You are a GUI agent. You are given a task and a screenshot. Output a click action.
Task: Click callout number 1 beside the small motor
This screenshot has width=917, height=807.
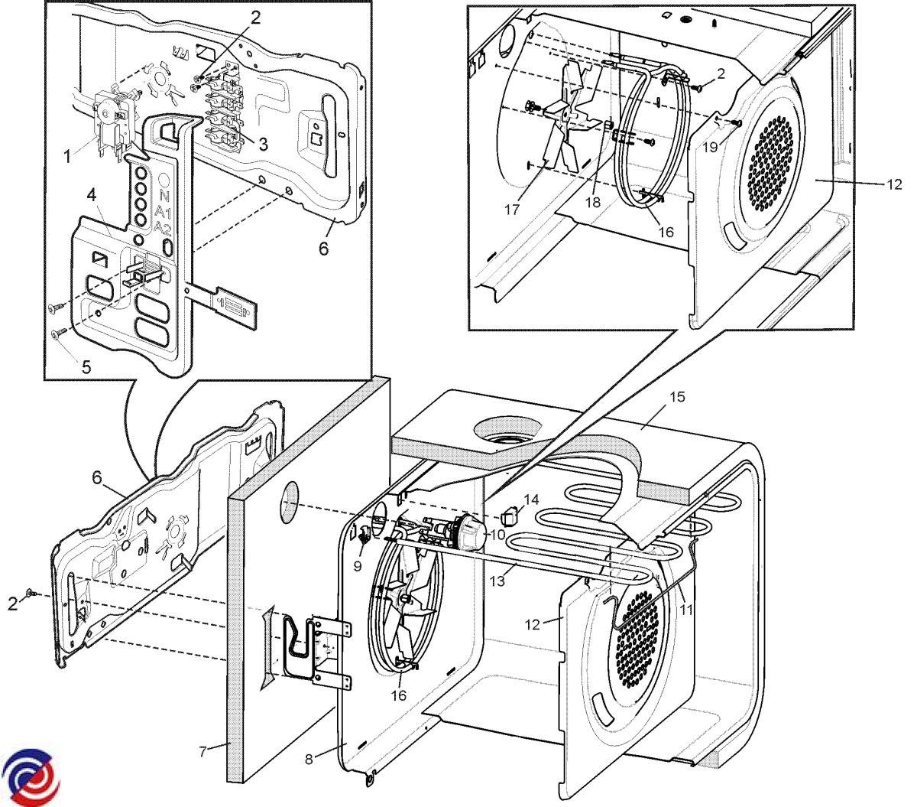pyautogui.click(x=67, y=156)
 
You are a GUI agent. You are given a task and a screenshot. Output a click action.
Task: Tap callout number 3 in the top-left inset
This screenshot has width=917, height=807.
pyautogui.click(x=262, y=145)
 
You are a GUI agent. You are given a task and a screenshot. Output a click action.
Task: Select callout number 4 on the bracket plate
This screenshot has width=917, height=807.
pyautogui.click(x=91, y=195)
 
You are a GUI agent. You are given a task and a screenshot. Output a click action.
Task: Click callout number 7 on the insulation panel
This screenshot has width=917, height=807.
pyautogui.click(x=203, y=751)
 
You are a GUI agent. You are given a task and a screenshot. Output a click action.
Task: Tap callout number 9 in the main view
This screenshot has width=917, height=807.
pyautogui.click(x=358, y=567)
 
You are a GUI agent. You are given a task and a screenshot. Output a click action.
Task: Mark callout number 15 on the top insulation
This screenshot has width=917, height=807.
pyautogui.click(x=677, y=397)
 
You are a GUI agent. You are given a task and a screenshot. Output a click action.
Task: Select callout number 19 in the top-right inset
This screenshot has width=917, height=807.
pyautogui.click(x=710, y=147)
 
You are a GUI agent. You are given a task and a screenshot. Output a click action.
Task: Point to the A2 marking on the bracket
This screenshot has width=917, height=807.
pyautogui.click(x=163, y=227)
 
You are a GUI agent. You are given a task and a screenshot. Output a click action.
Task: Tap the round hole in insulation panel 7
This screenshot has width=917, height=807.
pyautogui.click(x=291, y=502)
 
